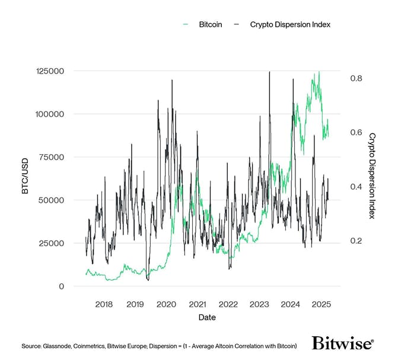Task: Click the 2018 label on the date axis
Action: coord(104,304)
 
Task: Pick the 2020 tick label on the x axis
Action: coord(166,304)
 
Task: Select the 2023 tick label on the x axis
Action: coord(259,304)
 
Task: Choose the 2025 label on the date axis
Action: coord(321,304)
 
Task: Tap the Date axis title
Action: coord(207,317)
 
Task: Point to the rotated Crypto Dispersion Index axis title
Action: coord(372,176)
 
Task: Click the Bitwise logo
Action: coord(343,343)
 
